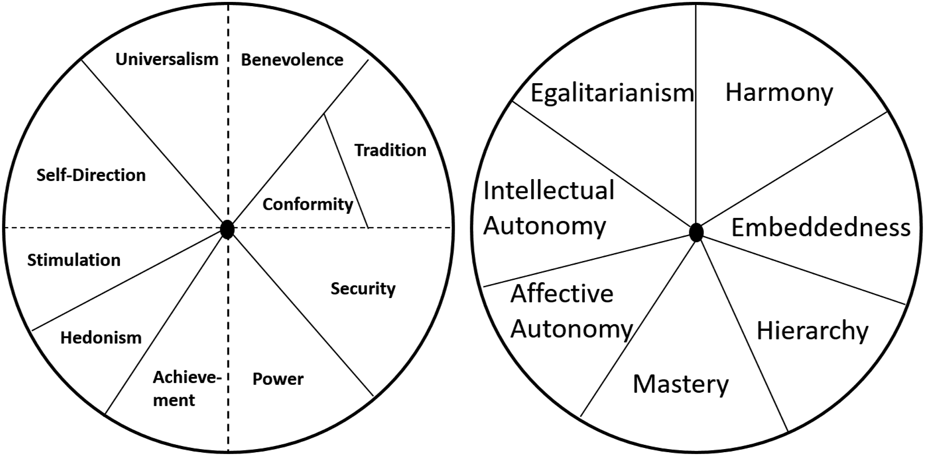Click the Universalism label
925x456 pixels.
[167, 59]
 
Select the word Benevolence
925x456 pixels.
[292, 60]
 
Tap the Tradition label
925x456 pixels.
[390, 150]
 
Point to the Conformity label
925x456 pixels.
[308, 205]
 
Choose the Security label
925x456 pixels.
[363, 289]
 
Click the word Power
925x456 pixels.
[278, 379]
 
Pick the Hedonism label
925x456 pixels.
[101, 338]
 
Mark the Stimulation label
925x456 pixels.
[74, 260]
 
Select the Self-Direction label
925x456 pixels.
[91, 175]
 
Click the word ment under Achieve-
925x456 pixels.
[174, 401]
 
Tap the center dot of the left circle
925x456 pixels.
[227, 230]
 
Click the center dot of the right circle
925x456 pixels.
[696, 233]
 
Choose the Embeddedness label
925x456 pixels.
[821, 227]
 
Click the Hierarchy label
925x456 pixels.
[813, 330]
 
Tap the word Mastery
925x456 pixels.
[681, 384]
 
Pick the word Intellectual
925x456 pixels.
[549, 190]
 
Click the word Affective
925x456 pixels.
[562, 293]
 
